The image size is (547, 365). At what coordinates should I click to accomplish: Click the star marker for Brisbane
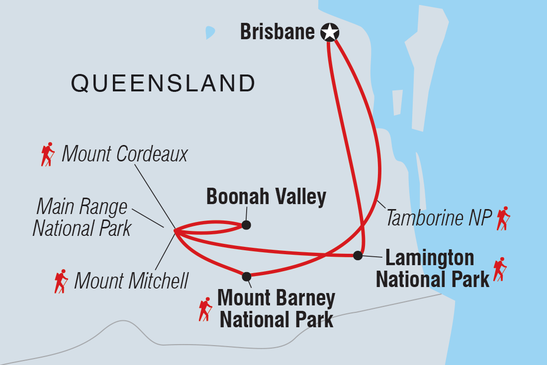pyautogui.click(x=329, y=33)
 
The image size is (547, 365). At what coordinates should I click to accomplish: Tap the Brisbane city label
pyautogui.click(x=277, y=32)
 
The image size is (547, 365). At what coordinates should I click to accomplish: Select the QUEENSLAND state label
pyautogui.click(x=163, y=83)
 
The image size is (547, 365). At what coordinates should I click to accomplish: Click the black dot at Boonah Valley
pyautogui.click(x=246, y=225)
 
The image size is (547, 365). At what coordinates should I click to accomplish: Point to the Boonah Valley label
pyautogui.click(x=266, y=197)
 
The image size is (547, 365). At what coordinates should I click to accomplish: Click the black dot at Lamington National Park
pyautogui.click(x=357, y=256)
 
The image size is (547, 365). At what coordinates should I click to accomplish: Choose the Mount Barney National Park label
pyautogui.click(x=276, y=309)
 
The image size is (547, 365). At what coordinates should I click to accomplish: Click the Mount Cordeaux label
pyautogui.click(x=124, y=154)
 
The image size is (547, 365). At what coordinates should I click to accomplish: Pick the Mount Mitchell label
pyautogui.click(x=131, y=281)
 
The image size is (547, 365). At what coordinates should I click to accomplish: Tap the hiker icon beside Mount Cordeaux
pyautogui.click(x=48, y=154)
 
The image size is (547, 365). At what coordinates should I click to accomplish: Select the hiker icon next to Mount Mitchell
pyautogui.click(x=61, y=281)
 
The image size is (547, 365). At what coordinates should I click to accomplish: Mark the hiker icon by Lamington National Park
pyautogui.click(x=499, y=269)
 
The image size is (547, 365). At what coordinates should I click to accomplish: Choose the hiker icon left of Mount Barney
pyautogui.click(x=205, y=309)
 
